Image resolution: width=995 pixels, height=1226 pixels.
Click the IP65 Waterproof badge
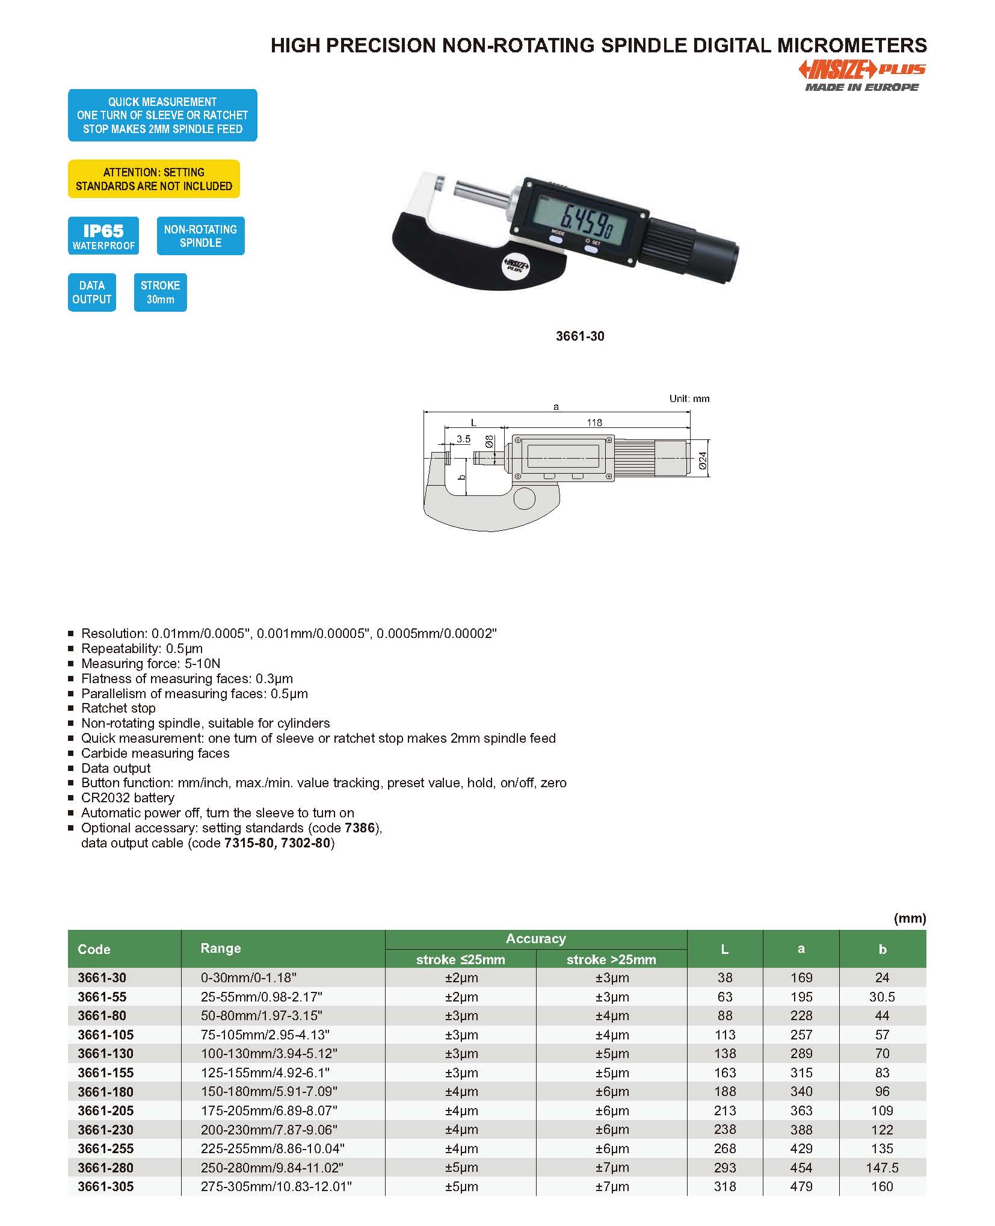(103, 236)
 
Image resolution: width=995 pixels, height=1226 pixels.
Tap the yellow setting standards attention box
(154, 179)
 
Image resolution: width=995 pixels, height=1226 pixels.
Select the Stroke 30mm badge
(160, 292)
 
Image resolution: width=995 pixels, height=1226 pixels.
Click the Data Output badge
(91, 292)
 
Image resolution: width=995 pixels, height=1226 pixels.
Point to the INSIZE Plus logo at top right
(861, 75)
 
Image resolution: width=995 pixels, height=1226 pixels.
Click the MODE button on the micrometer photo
(556, 238)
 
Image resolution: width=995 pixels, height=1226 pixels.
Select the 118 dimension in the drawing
(594, 423)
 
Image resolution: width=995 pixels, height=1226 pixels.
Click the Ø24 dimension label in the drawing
(703, 460)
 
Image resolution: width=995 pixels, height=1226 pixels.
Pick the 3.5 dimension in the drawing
(463, 439)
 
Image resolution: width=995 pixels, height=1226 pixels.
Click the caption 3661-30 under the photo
(580, 336)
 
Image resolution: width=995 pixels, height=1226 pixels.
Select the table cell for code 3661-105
(106, 1035)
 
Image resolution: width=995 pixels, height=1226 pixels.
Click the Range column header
(221, 948)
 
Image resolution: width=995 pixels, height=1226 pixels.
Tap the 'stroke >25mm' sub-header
(611, 959)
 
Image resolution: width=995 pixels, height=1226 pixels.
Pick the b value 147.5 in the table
(882, 1168)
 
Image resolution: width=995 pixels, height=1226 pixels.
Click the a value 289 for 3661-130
(801, 1053)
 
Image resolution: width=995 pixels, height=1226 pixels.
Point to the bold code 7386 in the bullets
(360, 828)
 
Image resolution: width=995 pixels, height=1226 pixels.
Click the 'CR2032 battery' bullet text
(128, 797)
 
